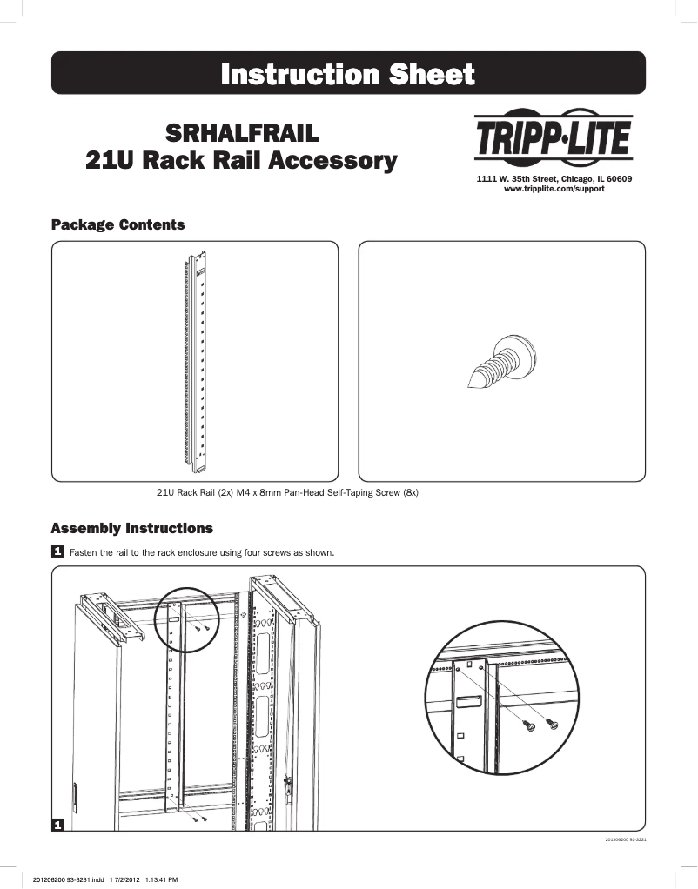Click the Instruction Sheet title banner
click(x=348, y=73)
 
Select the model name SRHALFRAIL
click(x=237, y=135)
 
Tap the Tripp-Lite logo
click(x=553, y=137)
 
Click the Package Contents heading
click(x=117, y=225)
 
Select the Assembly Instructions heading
click(x=131, y=529)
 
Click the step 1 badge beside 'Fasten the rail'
click(x=57, y=551)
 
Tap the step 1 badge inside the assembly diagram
click(x=57, y=823)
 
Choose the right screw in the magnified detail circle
click(x=550, y=722)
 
